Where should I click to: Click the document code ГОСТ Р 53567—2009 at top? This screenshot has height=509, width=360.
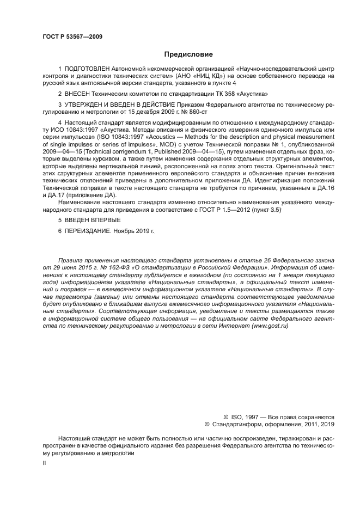72,36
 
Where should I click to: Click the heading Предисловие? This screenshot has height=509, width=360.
188,54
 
